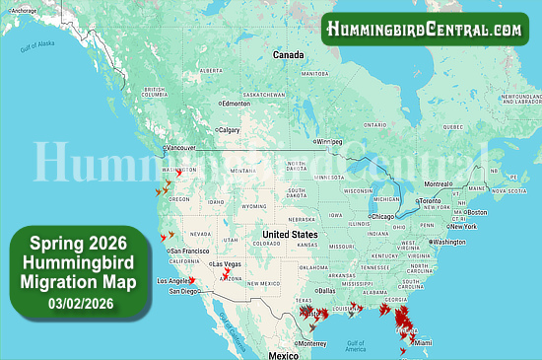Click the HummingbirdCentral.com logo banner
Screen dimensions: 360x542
[426, 29]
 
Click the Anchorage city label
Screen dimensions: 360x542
[24, 11]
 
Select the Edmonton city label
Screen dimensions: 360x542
[236, 104]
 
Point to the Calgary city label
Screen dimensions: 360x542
[229, 129]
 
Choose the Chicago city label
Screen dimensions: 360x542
[384, 216]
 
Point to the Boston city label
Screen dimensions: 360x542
[477, 212]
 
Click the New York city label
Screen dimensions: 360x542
[463, 226]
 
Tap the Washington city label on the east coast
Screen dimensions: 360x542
[448, 242]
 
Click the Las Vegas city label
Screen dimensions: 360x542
[227, 264]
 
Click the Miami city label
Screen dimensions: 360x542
[422, 341]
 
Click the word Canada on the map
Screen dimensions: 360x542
[288, 54]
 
